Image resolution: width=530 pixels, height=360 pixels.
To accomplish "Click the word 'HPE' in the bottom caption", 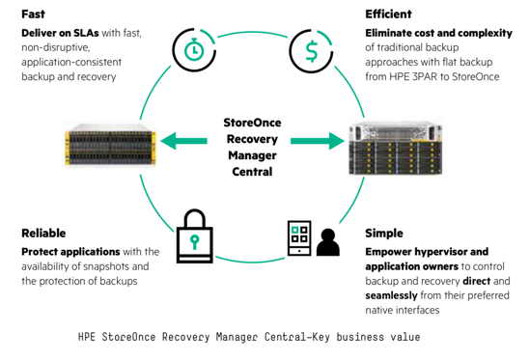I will click(90, 338).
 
